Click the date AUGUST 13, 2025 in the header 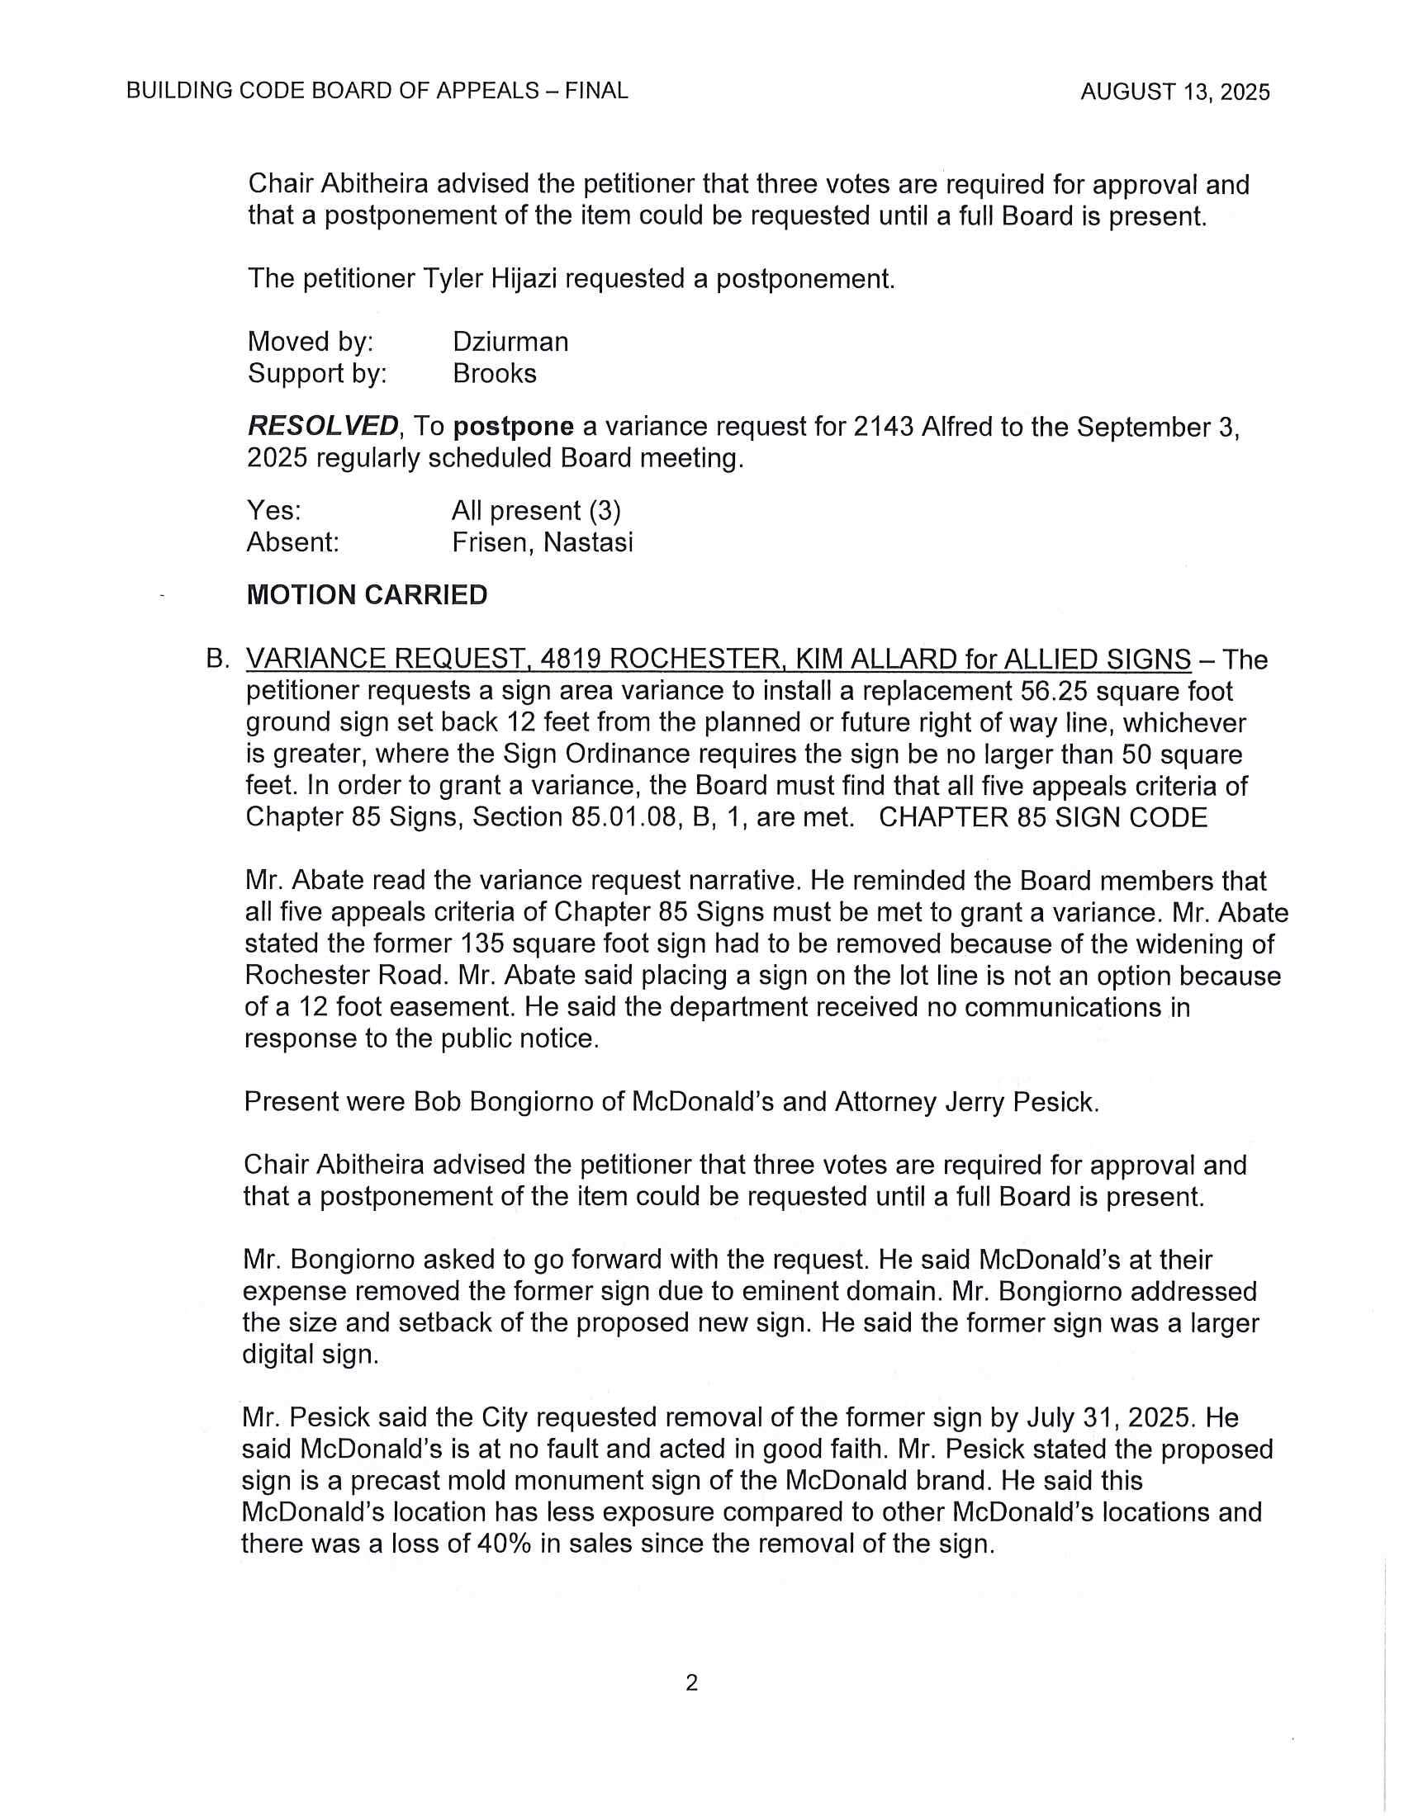tap(1174, 92)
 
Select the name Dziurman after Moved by tap(510, 342)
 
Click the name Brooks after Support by tap(494, 373)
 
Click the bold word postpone tap(513, 427)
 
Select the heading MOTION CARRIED tap(367, 595)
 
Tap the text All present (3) tap(536, 510)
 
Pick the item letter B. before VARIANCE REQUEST tap(217, 660)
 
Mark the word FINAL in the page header tap(595, 91)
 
